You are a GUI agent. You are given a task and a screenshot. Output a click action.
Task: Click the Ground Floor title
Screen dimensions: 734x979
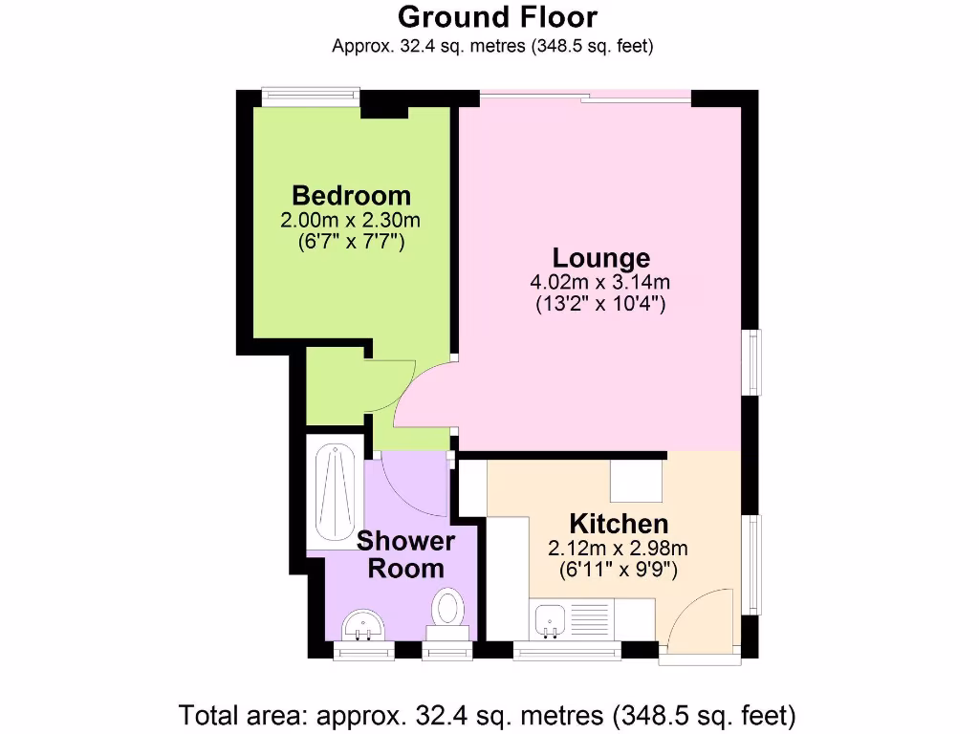pos(497,17)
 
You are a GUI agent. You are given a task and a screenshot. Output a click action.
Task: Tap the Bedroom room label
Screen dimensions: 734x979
pos(351,195)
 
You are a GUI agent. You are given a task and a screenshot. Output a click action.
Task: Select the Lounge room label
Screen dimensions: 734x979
pos(600,258)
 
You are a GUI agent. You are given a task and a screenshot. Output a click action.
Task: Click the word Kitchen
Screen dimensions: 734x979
pos(619,524)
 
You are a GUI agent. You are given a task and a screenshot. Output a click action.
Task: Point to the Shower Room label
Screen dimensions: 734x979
pos(406,555)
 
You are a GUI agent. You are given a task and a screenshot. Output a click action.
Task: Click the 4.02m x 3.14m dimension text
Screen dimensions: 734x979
pos(600,283)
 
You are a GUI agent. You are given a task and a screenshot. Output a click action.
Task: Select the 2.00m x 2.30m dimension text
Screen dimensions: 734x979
pos(351,220)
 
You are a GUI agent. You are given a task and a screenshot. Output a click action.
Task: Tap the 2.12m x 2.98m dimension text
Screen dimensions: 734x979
pos(619,549)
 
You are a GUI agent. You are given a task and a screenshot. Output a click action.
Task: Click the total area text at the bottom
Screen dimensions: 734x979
pos(489,714)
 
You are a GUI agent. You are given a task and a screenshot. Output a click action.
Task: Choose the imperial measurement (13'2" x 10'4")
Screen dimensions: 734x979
pos(600,306)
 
